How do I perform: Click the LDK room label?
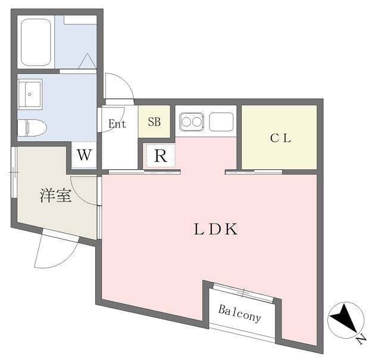[x=216, y=229]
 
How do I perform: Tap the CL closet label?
[x=280, y=138]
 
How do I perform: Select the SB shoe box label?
[x=154, y=122]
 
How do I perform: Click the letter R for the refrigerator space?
[x=160, y=157]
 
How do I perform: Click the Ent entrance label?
[x=118, y=124]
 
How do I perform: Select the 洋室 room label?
[x=55, y=195]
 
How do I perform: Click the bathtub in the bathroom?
[x=35, y=42]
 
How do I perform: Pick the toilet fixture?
[x=32, y=128]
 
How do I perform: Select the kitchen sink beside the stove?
[x=221, y=122]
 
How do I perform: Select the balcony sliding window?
[x=243, y=292]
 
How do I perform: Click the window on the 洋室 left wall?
[x=13, y=173]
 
